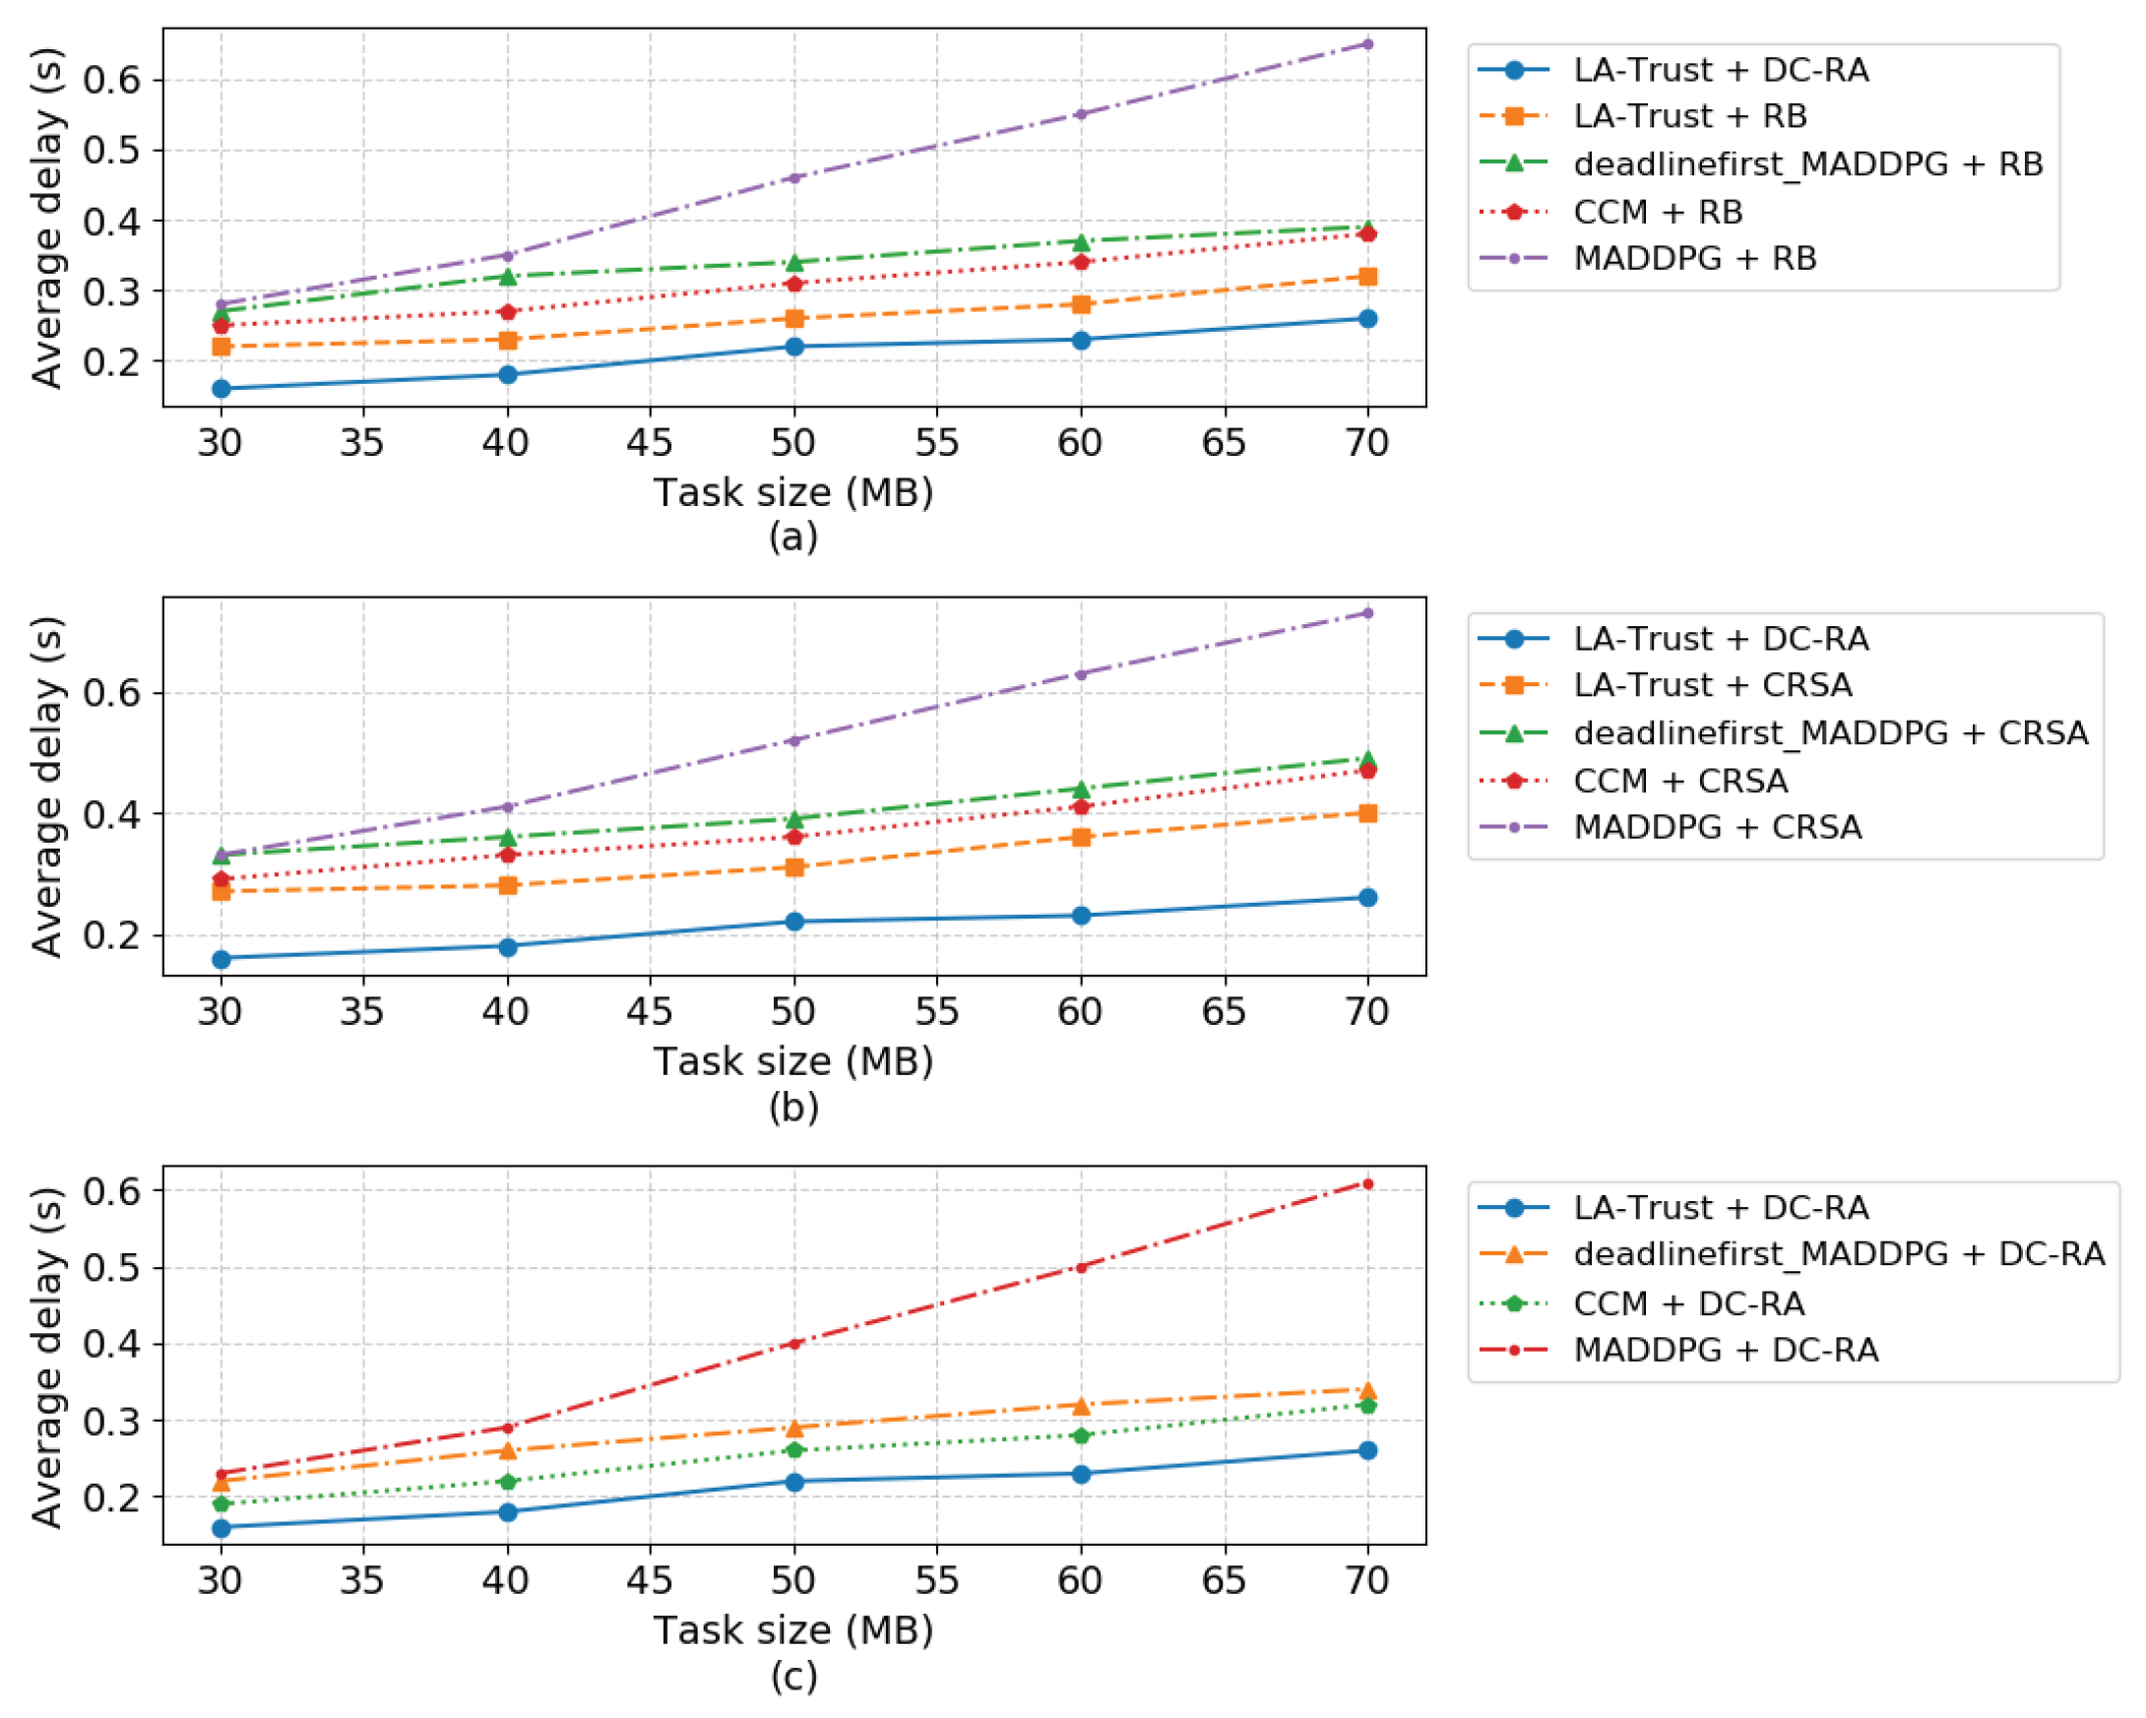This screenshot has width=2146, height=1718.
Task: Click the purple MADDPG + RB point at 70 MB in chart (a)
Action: tap(1367, 43)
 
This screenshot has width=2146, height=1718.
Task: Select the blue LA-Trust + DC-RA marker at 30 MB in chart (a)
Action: tap(221, 388)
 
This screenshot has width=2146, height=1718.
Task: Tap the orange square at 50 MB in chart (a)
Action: tap(794, 319)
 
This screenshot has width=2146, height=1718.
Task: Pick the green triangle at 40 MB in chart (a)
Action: tap(508, 276)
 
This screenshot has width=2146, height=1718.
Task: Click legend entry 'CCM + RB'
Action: tap(1659, 212)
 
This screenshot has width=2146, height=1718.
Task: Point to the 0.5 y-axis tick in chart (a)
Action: tap(110, 151)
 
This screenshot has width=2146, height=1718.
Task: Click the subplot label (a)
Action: tap(793, 537)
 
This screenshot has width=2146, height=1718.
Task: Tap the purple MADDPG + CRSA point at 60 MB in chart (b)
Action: tap(1081, 673)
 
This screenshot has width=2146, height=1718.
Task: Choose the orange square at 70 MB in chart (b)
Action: tap(1367, 813)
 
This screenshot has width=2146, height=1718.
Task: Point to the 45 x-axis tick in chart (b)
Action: tap(650, 1011)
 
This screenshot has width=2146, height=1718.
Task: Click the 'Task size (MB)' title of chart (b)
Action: tap(793, 1061)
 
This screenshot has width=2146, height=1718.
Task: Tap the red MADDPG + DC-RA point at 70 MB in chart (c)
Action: tap(1367, 1183)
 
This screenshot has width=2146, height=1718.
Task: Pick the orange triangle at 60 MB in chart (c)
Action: tap(1081, 1405)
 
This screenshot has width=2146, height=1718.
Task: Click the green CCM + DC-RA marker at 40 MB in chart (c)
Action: tap(508, 1481)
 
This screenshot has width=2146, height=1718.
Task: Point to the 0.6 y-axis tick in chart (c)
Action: tap(110, 1190)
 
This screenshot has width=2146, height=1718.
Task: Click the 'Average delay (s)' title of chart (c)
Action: tap(47, 1357)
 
